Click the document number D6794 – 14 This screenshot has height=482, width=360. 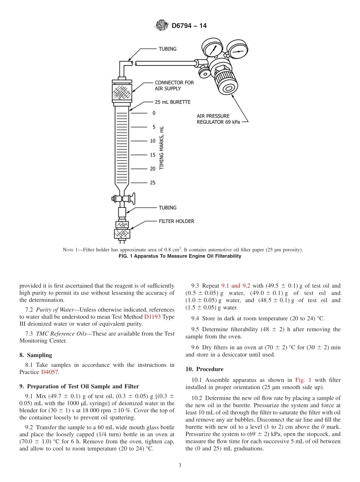(189, 26)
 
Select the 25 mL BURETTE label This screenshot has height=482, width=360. (172, 102)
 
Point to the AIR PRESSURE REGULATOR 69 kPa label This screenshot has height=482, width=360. (218, 119)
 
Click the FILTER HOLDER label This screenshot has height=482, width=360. (176, 221)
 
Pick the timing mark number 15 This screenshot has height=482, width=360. (152, 155)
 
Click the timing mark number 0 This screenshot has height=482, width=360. (153, 113)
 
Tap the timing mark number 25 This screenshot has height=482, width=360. (152, 183)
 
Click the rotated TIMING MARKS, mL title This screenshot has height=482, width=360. (162, 147)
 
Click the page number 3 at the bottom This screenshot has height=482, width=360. (180, 465)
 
